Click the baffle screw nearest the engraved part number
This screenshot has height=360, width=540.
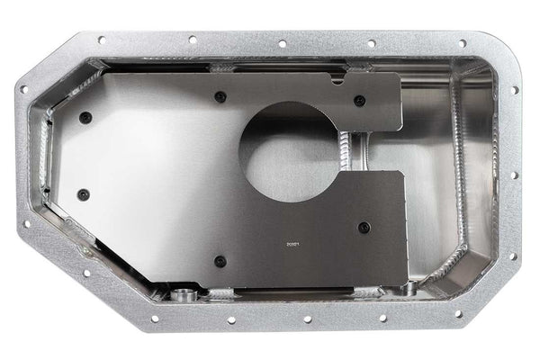pos(364,228)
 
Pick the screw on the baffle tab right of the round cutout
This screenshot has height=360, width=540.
pos(359,101)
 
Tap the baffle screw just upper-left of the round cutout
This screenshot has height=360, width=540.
pos(220,97)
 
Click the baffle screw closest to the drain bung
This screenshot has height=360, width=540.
pos(220,261)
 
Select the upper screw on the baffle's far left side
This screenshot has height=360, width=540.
pos(85,117)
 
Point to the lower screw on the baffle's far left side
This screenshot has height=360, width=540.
pos(84,193)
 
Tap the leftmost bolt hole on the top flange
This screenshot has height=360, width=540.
pos(101,40)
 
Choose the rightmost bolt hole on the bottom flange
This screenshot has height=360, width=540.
pos(458,314)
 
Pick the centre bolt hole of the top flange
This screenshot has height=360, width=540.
pos(282,43)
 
